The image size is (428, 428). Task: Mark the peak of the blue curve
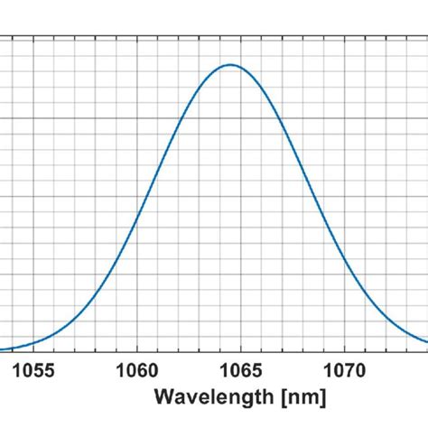[x=231, y=65]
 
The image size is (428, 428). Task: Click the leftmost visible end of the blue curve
[x=1, y=349]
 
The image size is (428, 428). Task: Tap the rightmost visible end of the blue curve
[x=426, y=341]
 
